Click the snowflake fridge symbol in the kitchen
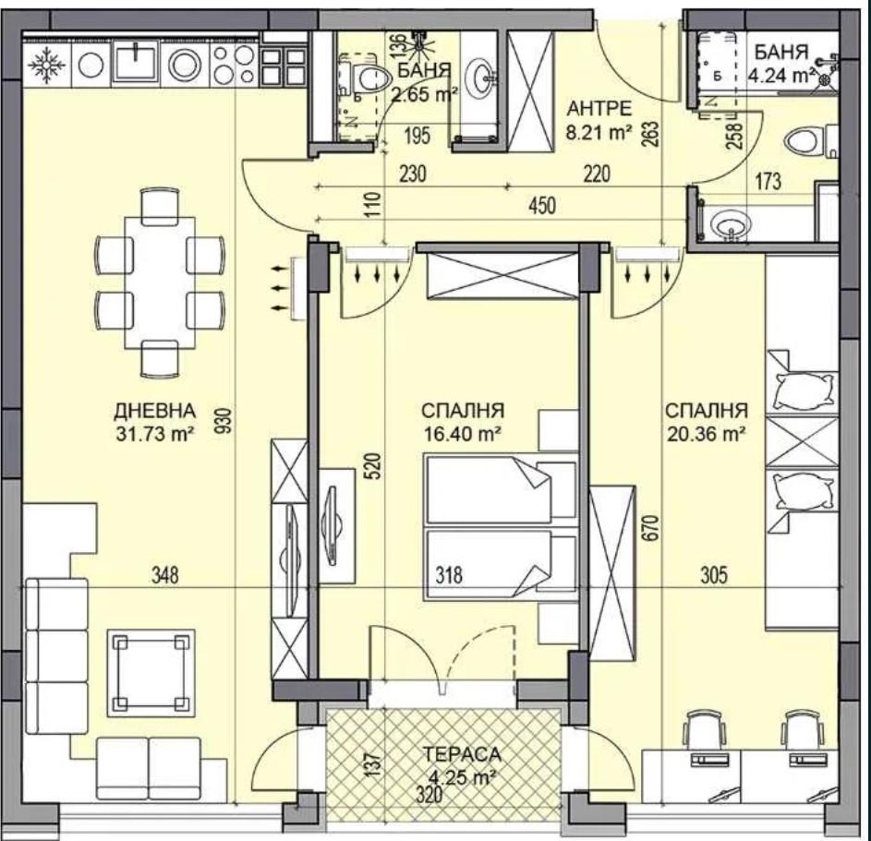coord(47,65)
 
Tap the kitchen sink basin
coord(135,64)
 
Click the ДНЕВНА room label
coord(154,411)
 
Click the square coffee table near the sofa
coord(151,673)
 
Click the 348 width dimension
coord(165,575)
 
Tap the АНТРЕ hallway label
coord(599,108)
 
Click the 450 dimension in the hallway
coord(541,206)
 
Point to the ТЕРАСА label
coord(462,754)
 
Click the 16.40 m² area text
coord(463,434)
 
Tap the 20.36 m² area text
coord(706,434)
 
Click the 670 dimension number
coord(651,528)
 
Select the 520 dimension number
coord(374,466)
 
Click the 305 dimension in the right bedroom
coord(714,575)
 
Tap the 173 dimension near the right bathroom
coord(768,181)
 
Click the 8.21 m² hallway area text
coord(599,132)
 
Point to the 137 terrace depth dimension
coord(374,763)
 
